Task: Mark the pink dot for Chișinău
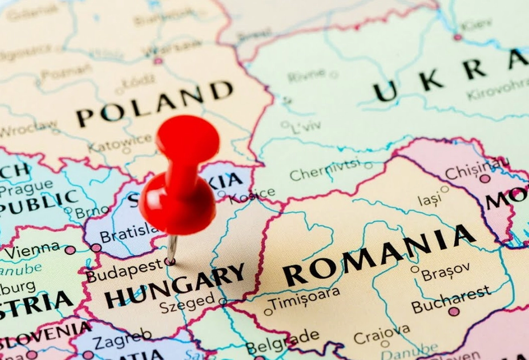tap(485, 179)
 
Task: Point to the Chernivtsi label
tap(325, 170)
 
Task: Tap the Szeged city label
tap(187, 302)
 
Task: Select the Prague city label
tap(26, 186)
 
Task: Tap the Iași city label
tap(429, 199)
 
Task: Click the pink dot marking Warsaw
tap(158, 61)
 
